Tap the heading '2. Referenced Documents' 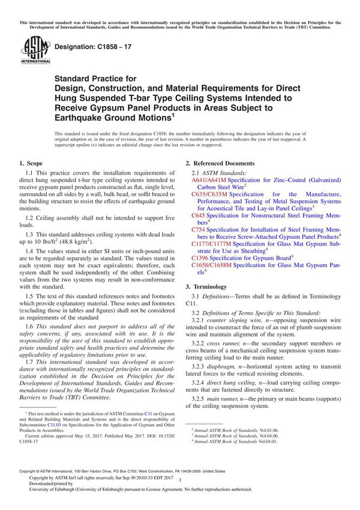point(220,163)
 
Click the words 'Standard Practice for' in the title point(95,78)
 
